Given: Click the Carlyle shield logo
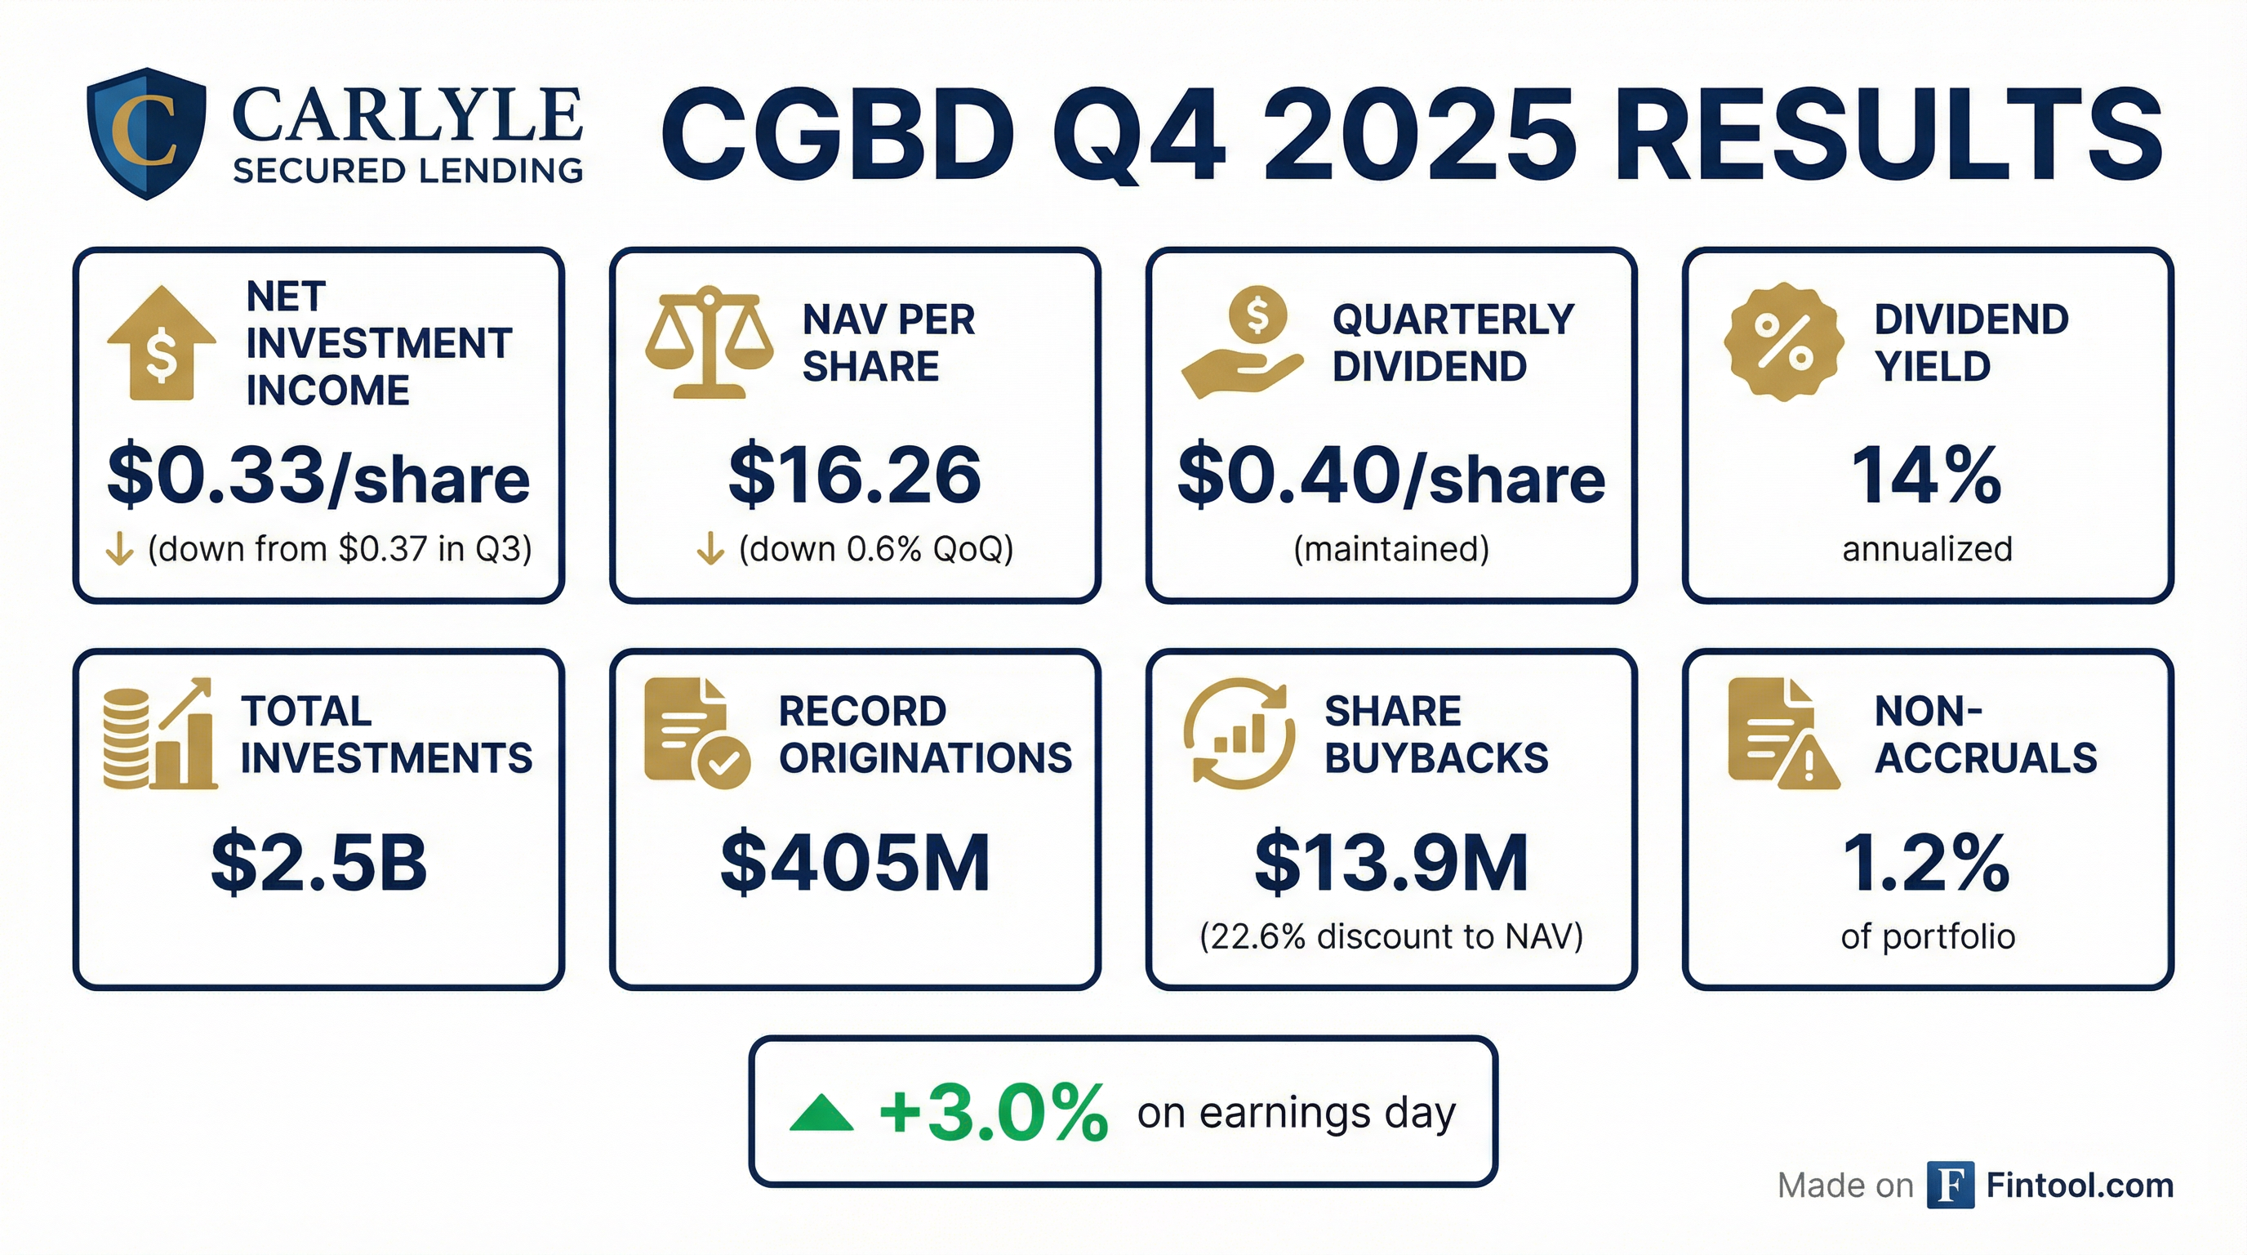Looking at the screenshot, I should [146, 132].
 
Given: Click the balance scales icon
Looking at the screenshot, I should [708, 342].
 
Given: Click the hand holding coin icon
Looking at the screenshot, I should [1242, 342].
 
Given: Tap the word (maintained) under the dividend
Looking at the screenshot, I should [1390, 549].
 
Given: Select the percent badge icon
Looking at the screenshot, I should [1784, 342].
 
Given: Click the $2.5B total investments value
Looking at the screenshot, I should [318, 863].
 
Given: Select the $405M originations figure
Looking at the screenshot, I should [854, 863].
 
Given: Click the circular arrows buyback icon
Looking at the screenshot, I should [1239, 734].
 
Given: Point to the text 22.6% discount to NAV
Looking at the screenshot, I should [1390, 936].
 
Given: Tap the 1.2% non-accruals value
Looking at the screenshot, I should [1926, 863].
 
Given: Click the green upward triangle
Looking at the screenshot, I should [821, 1114].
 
